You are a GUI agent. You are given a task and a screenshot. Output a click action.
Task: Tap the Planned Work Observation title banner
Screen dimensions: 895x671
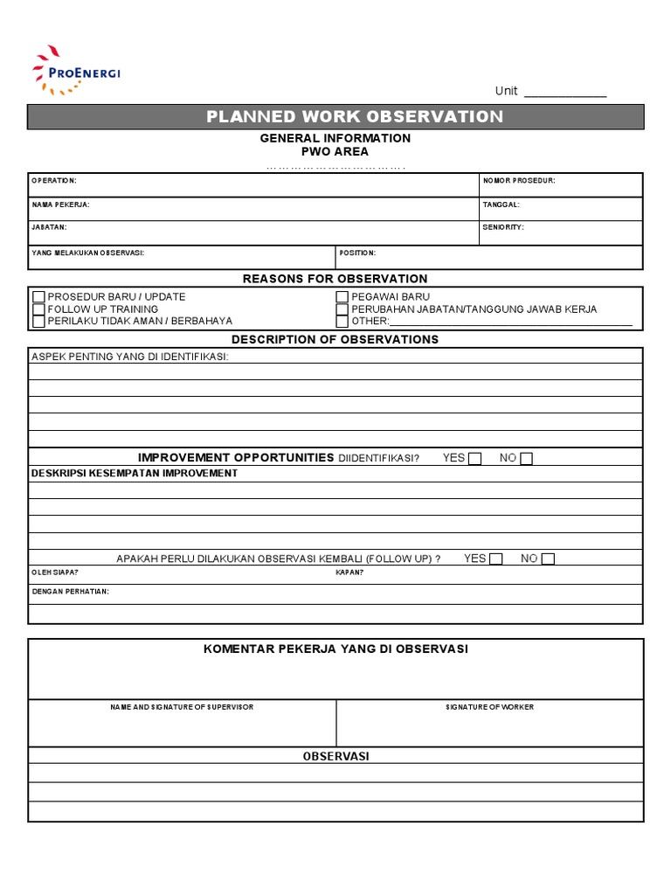pyautogui.click(x=354, y=117)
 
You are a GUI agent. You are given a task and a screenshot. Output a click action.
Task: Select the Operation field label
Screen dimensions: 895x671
pyautogui.click(x=54, y=181)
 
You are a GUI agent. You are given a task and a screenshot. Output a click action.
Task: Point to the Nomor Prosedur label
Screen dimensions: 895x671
pyautogui.click(x=519, y=181)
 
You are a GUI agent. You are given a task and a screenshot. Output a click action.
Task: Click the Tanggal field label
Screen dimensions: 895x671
pyautogui.click(x=502, y=205)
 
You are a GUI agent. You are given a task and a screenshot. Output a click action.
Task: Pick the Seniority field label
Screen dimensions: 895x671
pyautogui.click(x=503, y=227)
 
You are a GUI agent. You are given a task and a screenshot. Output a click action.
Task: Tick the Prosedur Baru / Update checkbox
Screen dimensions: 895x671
pyautogui.click(x=38, y=297)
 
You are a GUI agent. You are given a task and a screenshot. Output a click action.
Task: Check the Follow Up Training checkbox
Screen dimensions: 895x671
pyautogui.click(x=38, y=309)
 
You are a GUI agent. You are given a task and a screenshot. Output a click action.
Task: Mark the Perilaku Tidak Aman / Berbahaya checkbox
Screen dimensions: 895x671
pyautogui.click(x=38, y=322)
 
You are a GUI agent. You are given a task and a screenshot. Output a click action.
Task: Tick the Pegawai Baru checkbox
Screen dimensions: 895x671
pyautogui.click(x=342, y=297)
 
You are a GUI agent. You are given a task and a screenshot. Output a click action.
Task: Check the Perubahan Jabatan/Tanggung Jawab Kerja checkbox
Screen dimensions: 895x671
pyautogui.click(x=342, y=309)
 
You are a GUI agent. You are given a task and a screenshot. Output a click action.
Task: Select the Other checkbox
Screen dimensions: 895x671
pyautogui.click(x=342, y=322)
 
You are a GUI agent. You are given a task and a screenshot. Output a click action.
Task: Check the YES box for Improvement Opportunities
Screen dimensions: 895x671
pyautogui.click(x=474, y=459)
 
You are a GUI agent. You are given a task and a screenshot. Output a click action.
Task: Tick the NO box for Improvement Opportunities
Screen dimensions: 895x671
pyautogui.click(x=526, y=459)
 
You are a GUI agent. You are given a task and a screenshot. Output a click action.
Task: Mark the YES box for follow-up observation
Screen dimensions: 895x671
pyautogui.click(x=495, y=559)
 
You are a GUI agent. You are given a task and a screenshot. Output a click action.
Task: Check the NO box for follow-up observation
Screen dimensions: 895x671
pyautogui.click(x=548, y=559)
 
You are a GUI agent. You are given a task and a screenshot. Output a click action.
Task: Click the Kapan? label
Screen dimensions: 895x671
pyautogui.click(x=349, y=573)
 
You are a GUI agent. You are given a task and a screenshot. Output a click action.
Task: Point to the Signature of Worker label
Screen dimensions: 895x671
pyautogui.click(x=489, y=706)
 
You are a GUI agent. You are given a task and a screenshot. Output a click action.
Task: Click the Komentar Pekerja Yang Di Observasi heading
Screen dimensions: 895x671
pyautogui.click(x=335, y=649)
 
